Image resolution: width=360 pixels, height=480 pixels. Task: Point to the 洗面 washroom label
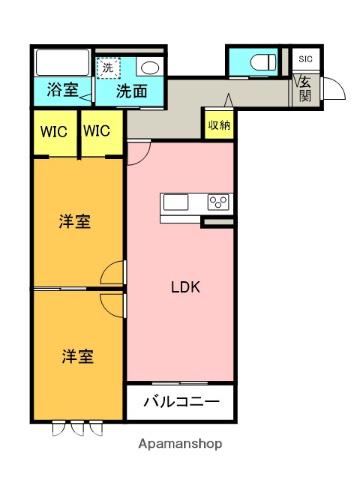(x=132, y=91)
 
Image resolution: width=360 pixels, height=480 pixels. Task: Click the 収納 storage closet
(x=219, y=126)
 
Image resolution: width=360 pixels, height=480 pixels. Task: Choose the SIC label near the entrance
(x=305, y=59)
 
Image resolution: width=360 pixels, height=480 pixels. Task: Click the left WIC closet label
(x=54, y=131)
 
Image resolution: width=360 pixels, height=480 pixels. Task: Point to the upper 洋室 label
(x=76, y=222)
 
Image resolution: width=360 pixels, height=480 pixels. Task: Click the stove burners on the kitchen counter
(x=218, y=203)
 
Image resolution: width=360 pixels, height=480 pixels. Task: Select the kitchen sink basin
(x=176, y=203)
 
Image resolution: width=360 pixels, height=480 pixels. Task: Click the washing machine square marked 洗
(x=108, y=67)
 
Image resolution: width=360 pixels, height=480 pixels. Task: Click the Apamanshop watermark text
(x=180, y=443)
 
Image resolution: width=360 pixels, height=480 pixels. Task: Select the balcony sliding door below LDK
(x=180, y=384)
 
